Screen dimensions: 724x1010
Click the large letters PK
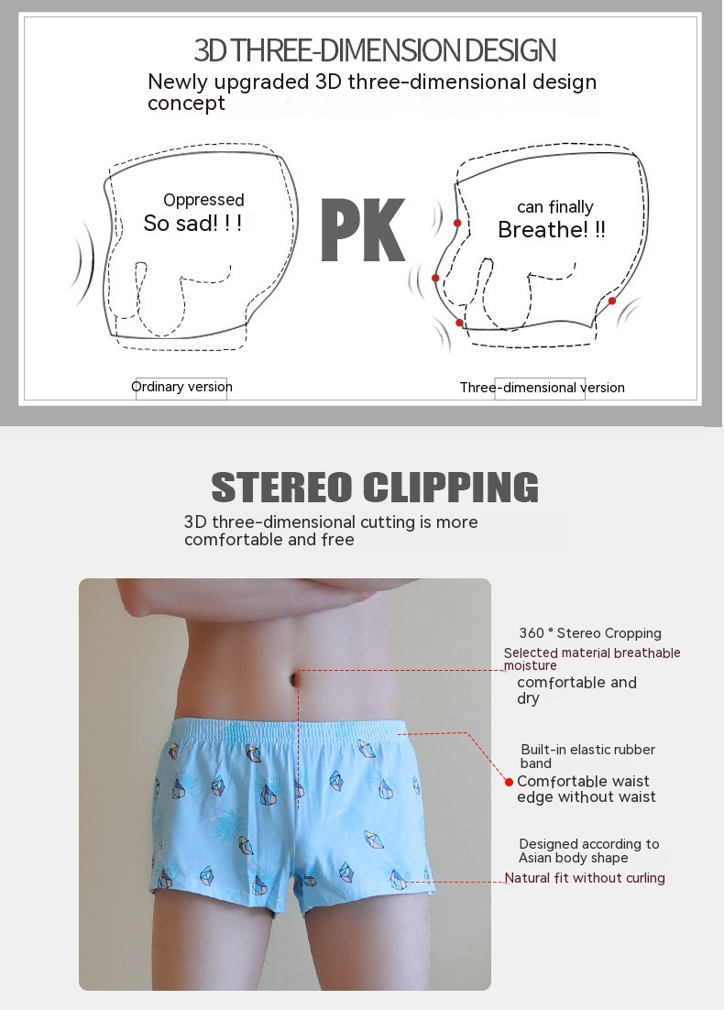point(363,229)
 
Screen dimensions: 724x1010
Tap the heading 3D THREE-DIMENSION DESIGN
point(375,50)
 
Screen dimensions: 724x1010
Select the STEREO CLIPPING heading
point(375,487)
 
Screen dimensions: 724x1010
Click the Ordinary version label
point(181,387)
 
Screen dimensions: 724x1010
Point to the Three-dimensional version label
point(542,387)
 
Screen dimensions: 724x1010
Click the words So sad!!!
point(192,224)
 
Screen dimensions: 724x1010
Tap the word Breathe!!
point(552,229)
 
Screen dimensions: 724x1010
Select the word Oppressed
point(203,200)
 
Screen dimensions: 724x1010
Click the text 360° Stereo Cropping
point(590,633)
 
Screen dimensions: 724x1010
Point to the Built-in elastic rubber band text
point(587,756)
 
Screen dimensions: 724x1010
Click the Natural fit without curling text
point(584,878)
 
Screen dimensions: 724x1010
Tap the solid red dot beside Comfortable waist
point(509,782)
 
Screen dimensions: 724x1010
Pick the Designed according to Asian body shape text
point(588,851)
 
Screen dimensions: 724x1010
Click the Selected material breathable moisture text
point(591,658)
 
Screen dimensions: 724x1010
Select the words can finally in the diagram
point(554,207)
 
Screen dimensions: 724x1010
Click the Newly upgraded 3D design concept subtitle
point(372,93)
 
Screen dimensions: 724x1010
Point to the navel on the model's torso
point(297,678)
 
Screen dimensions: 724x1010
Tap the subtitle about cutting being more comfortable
point(331,531)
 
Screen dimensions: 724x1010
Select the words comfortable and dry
point(576,690)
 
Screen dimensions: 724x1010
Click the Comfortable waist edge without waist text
point(587,789)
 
